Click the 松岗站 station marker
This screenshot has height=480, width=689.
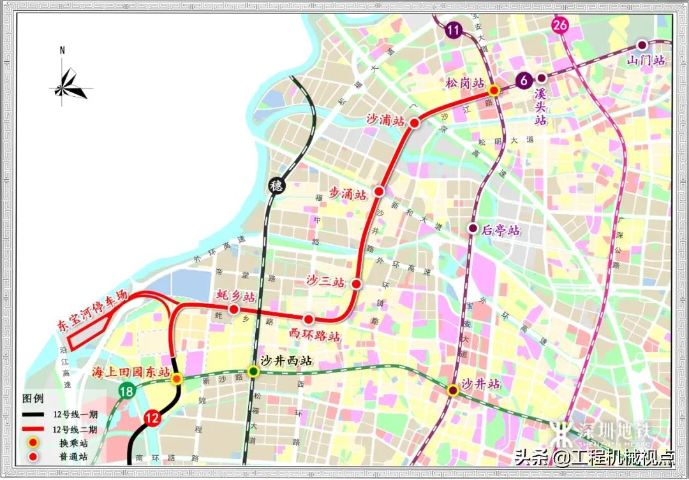(494, 91)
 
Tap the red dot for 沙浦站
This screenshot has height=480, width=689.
(415, 123)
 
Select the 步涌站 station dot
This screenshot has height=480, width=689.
(379, 191)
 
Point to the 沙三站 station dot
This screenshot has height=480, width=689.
(357, 284)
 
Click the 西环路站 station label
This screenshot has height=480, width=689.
(315, 336)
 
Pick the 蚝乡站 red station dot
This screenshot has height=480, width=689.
(234, 310)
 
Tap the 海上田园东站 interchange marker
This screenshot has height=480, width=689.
(177, 379)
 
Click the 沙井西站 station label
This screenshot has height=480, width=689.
(288, 360)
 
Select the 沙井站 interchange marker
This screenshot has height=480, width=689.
(452, 390)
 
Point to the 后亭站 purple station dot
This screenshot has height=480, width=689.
(473, 228)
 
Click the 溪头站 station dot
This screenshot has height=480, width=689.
(541, 78)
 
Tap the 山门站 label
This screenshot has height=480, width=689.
(646, 61)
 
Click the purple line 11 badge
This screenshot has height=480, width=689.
(454, 29)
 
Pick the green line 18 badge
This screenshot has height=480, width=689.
(128, 391)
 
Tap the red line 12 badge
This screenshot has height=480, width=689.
(152, 418)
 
